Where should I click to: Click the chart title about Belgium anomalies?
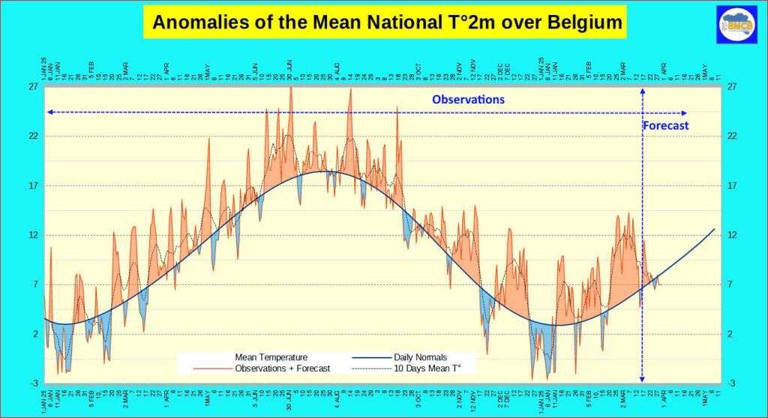coord(387,23)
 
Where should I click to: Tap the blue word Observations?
coord(468,99)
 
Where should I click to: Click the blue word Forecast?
coord(665,125)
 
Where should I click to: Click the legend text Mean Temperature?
coord(271,357)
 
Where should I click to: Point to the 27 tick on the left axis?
coord(33,87)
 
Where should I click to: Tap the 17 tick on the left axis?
coord(33,186)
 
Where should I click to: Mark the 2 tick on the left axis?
coord(34,334)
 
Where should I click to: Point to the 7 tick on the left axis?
coord(34,284)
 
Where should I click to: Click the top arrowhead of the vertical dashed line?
coord(642,90)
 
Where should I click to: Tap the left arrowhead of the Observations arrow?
coord(49,112)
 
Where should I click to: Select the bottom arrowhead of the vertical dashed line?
coord(642,380)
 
